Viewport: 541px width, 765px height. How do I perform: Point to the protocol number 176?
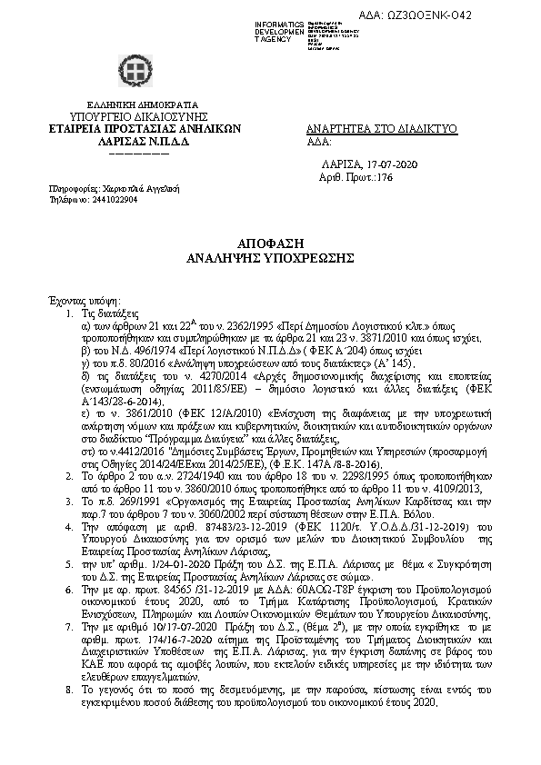pos(385,178)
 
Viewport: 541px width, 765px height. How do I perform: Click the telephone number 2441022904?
pos(107,198)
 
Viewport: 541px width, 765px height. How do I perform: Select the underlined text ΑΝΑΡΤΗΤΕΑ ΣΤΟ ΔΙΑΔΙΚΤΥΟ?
pos(382,130)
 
